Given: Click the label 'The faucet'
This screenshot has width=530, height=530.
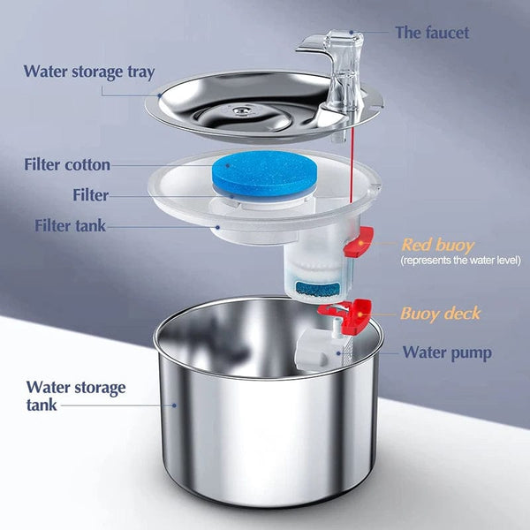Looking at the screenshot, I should (x=433, y=33).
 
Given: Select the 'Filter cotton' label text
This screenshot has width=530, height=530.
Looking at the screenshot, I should (x=67, y=164).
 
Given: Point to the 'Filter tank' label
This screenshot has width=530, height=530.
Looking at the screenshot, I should (x=70, y=225).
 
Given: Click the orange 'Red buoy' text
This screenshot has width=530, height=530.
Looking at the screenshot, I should (x=437, y=245).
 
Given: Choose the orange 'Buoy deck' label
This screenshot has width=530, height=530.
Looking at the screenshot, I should (x=439, y=314).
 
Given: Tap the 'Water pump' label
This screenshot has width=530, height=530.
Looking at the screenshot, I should (x=447, y=352).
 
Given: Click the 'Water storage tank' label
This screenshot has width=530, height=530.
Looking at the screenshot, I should (x=76, y=396).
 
